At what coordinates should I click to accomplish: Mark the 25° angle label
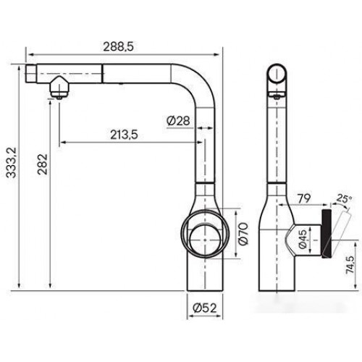[342, 197]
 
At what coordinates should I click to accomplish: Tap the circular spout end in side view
[279, 75]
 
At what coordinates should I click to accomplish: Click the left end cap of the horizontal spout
[31, 75]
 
